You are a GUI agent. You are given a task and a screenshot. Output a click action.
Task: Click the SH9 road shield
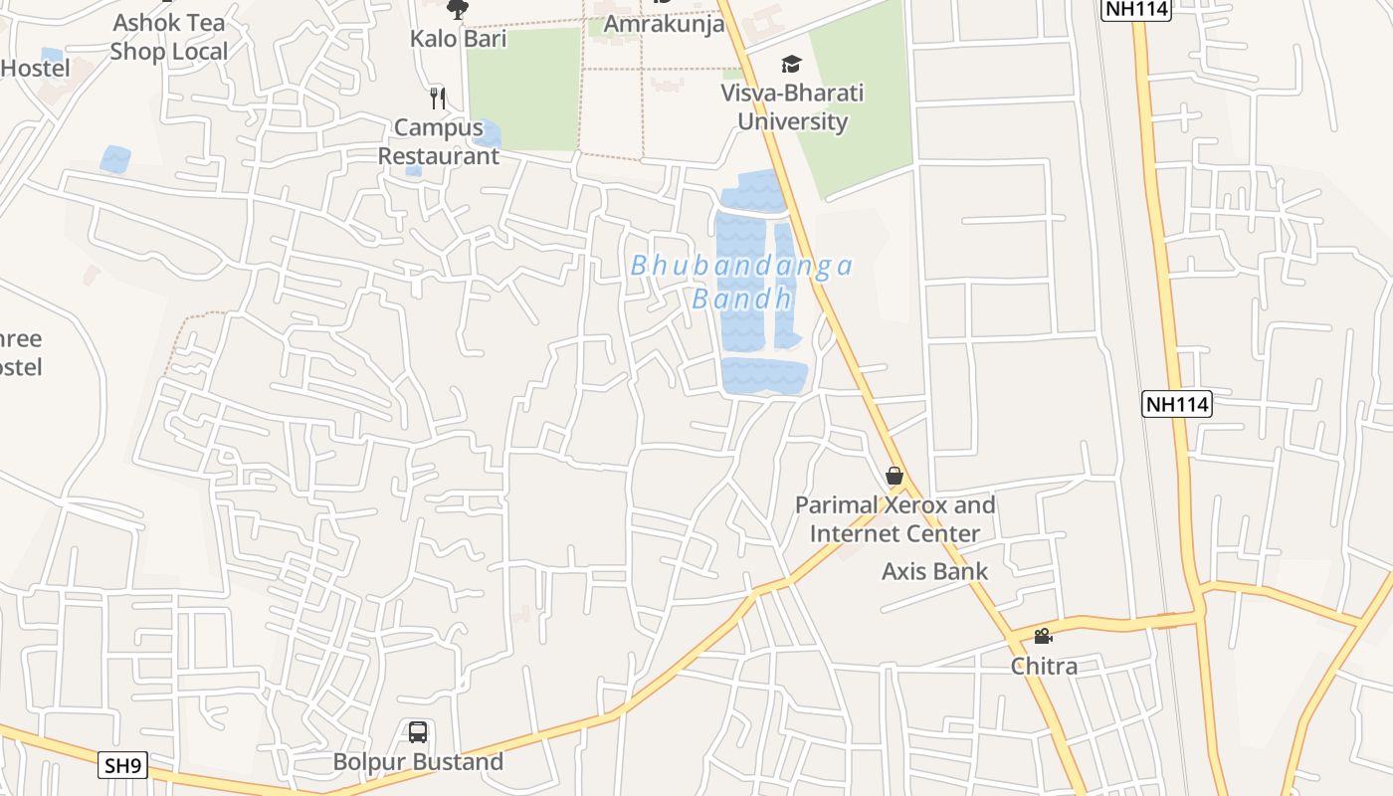(x=124, y=766)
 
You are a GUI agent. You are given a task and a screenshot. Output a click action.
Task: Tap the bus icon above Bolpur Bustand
(x=418, y=732)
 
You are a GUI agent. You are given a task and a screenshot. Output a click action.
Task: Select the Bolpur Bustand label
(x=418, y=762)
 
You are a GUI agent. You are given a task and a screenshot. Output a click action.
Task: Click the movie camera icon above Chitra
(x=1043, y=637)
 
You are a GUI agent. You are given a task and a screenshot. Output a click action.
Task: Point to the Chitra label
(x=1044, y=667)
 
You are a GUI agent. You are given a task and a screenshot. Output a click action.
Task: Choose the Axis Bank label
(x=935, y=571)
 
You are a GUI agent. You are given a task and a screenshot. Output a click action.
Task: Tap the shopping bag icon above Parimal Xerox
(x=895, y=476)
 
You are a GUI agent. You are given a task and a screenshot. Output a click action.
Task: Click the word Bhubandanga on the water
(x=742, y=266)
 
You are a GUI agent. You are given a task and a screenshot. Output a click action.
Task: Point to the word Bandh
(x=742, y=298)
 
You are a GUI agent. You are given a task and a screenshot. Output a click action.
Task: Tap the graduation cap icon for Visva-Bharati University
(x=791, y=65)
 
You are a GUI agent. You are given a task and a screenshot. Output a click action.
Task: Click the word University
(x=793, y=122)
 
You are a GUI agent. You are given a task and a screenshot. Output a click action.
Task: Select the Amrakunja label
(x=664, y=24)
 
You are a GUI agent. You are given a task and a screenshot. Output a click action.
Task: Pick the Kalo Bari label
(x=459, y=39)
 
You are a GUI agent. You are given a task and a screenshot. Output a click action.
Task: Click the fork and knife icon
(x=438, y=98)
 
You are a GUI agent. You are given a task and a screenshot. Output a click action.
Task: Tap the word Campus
(x=439, y=127)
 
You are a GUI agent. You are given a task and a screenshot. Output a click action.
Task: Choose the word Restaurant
(x=439, y=156)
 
